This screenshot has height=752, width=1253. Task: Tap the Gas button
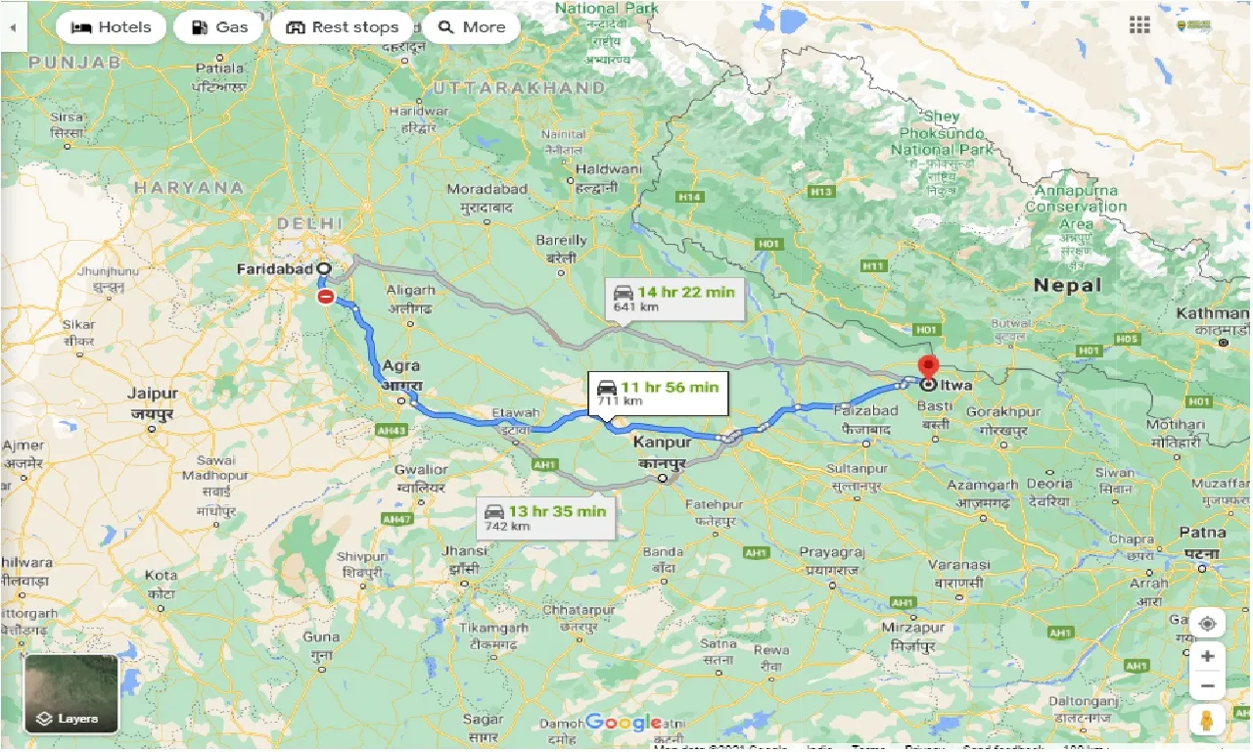pyautogui.click(x=218, y=27)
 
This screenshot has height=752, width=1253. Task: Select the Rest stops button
pyautogui.click(x=342, y=27)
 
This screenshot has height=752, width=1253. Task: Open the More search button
pyautogui.click(x=471, y=27)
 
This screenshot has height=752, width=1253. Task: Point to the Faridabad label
pyautogui.click(x=275, y=268)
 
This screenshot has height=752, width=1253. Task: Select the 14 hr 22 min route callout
pyautogui.click(x=675, y=298)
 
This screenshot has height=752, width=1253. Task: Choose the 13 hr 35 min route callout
pyautogui.click(x=546, y=517)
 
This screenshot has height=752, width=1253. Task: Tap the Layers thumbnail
pyautogui.click(x=71, y=693)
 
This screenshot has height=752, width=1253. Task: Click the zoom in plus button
pyautogui.click(x=1207, y=656)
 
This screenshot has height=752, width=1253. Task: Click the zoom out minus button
pyautogui.click(x=1207, y=686)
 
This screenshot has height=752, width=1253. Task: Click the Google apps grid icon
pyautogui.click(x=1139, y=25)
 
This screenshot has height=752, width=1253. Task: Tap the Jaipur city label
pyautogui.click(x=153, y=394)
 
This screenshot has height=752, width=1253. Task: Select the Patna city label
pyautogui.click(x=1202, y=534)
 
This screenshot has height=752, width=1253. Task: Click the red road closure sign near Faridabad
pyautogui.click(x=326, y=296)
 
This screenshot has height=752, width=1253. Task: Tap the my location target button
pyautogui.click(x=1207, y=624)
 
